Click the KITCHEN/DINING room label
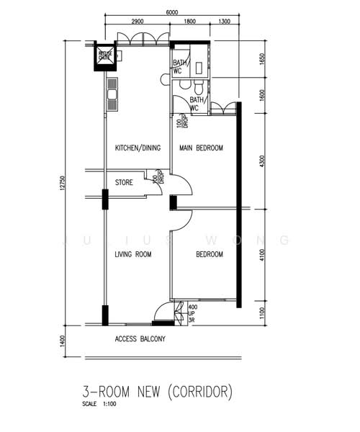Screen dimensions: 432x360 click(x=138, y=148)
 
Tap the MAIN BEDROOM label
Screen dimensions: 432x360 click(x=201, y=148)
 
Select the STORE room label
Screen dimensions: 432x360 click(x=124, y=183)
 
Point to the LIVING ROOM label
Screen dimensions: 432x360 click(x=132, y=254)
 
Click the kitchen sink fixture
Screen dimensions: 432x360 click(x=112, y=94)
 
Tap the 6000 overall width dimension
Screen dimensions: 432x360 click(x=171, y=12)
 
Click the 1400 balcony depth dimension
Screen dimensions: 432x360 click(x=63, y=340)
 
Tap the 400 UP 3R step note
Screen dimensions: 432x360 click(x=192, y=314)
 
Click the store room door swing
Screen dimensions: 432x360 click(x=153, y=185)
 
